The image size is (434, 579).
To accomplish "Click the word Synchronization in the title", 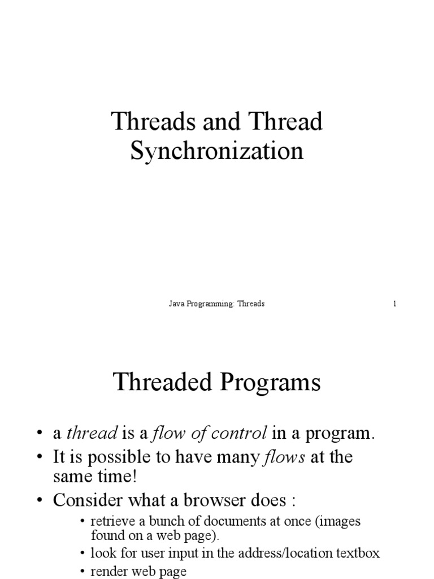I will (x=217, y=151).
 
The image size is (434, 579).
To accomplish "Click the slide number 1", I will (x=395, y=304).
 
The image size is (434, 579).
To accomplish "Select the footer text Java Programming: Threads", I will (x=217, y=304).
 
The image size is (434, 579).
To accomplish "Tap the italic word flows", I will (x=285, y=457).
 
